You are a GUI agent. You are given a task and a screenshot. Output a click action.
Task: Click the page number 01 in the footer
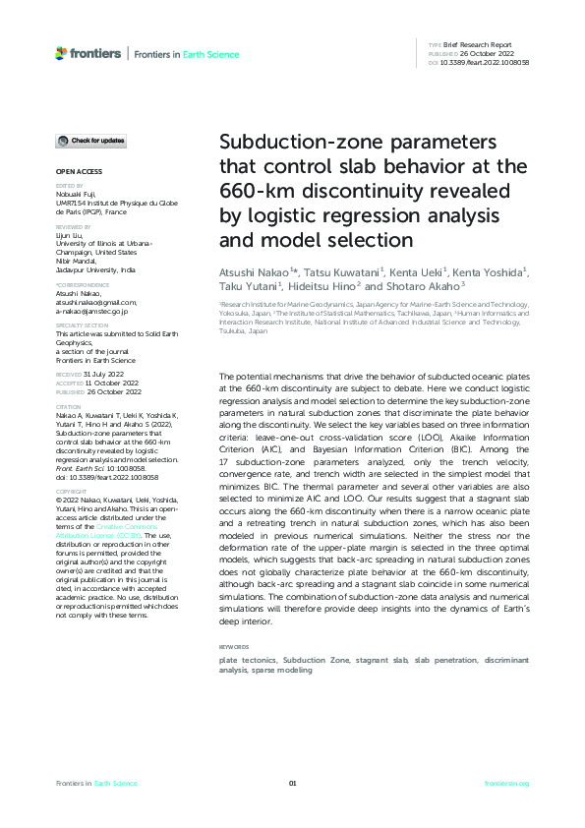pyautogui.click(x=292, y=783)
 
